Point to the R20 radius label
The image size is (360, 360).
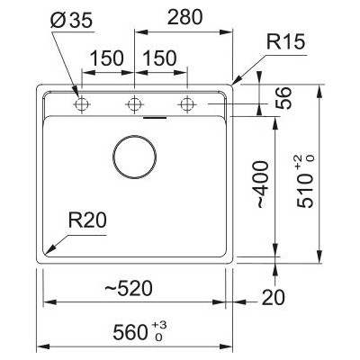(89, 218)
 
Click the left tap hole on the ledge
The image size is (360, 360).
(81, 103)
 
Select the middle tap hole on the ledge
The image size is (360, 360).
(134, 103)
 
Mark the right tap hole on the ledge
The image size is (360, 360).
(187, 103)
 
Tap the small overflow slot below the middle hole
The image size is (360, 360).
(154, 118)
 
